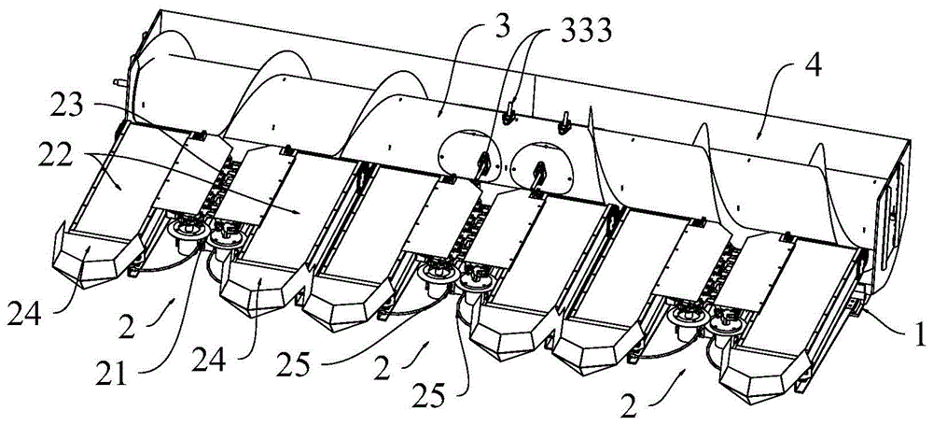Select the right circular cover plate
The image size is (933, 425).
[543, 163]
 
